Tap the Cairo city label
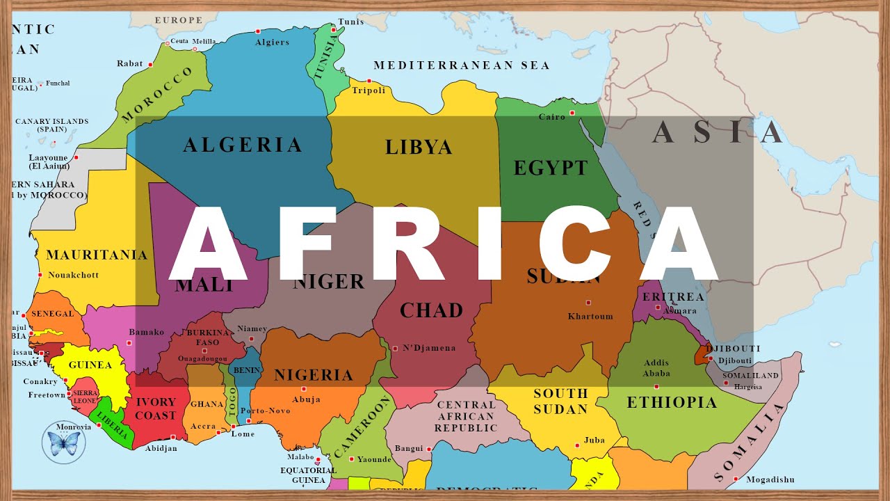pyautogui.click(x=552, y=117)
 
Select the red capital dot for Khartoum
pyautogui.click(x=588, y=303)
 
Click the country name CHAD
pyautogui.click(x=431, y=310)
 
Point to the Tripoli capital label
pyautogui.click(x=369, y=90)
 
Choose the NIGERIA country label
pyautogui.click(x=314, y=375)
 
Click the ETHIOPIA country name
pyautogui.click(x=672, y=402)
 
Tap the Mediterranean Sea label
pyautogui.click(x=462, y=65)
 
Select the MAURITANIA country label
pyautogui.click(x=97, y=255)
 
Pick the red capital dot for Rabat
pyautogui.click(x=150, y=64)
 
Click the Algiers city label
pyautogui.click(x=272, y=42)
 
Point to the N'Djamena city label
pyautogui.click(x=429, y=348)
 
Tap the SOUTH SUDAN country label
pyautogui.click(x=560, y=401)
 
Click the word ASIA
pyautogui.click(x=718, y=132)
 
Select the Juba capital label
pyautogui.click(x=594, y=440)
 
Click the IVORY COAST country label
pyautogui.click(x=155, y=408)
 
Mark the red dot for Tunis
pyautogui.click(x=334, y=30)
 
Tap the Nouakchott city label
pyautogui.click(x=74, y=275)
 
